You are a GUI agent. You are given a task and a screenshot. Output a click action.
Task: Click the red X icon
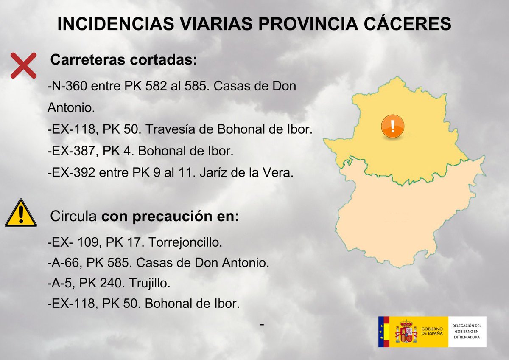click(23, 65)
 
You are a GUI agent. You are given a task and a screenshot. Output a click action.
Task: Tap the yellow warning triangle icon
click(20, 213)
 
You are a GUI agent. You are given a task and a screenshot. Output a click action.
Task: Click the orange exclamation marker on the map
click(392, 126)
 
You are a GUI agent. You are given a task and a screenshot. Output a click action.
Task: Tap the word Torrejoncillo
click(187, 243)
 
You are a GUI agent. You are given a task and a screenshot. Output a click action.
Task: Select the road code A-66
click(64, 263)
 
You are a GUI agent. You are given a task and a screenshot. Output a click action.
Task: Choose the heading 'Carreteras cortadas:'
click(124, 60)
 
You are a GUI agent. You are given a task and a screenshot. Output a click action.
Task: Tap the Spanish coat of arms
click(406, 332)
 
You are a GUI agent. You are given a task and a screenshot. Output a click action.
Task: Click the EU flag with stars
click(384, 332)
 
